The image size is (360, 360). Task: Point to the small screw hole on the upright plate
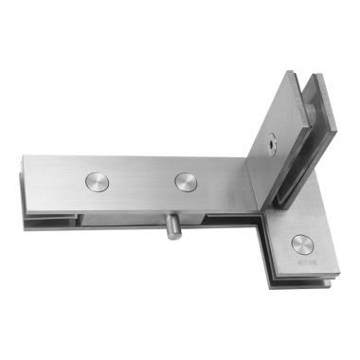coord(272,146)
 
